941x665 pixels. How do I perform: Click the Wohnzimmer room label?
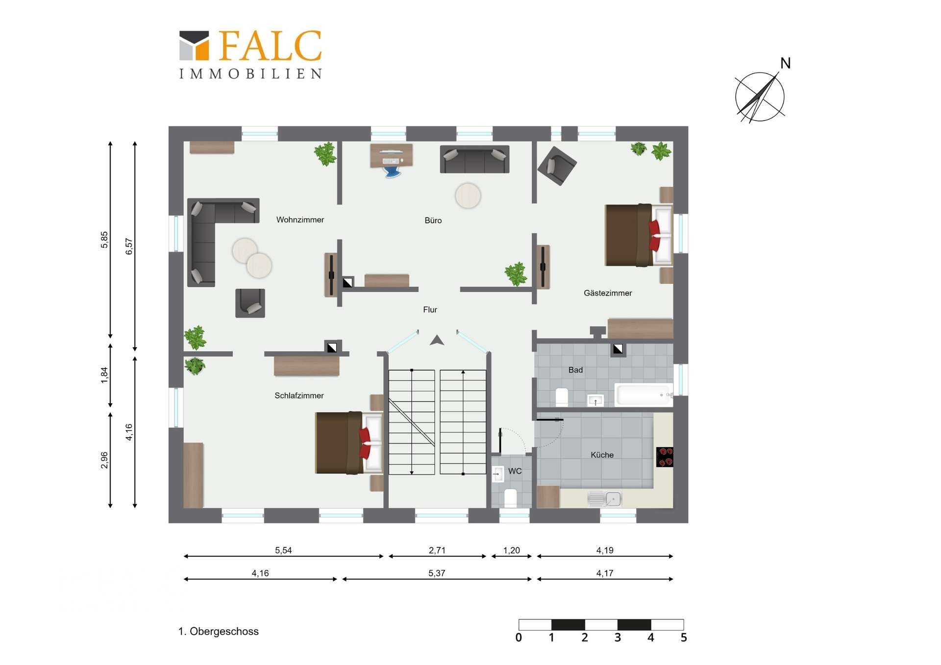coord(300,220)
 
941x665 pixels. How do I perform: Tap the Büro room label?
coord(433,221)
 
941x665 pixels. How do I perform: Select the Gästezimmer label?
coord(608,293)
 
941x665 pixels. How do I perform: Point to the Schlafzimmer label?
coord(299,395)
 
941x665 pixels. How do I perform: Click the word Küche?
coord(602,455)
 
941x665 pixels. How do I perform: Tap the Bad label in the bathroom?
coord(575,370)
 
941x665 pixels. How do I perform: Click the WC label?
coord(515,471)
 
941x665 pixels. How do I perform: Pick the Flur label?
coord(430,310)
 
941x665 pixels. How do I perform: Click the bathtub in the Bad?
coord(644,394)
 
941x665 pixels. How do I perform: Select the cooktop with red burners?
coord(665,457)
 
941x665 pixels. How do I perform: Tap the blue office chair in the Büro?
coord(392,172)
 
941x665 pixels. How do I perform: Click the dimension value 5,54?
coord(283,550)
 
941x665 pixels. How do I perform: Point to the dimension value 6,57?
coord(129,246)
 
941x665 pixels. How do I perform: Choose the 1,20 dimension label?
coord(512,550)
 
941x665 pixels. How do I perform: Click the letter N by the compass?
coord(785,63)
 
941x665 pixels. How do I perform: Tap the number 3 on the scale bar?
coord(618,638)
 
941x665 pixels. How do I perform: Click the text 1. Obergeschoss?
coord(218,631)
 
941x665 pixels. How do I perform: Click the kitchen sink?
coord(604,499)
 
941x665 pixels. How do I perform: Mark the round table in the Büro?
coord(468,196)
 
